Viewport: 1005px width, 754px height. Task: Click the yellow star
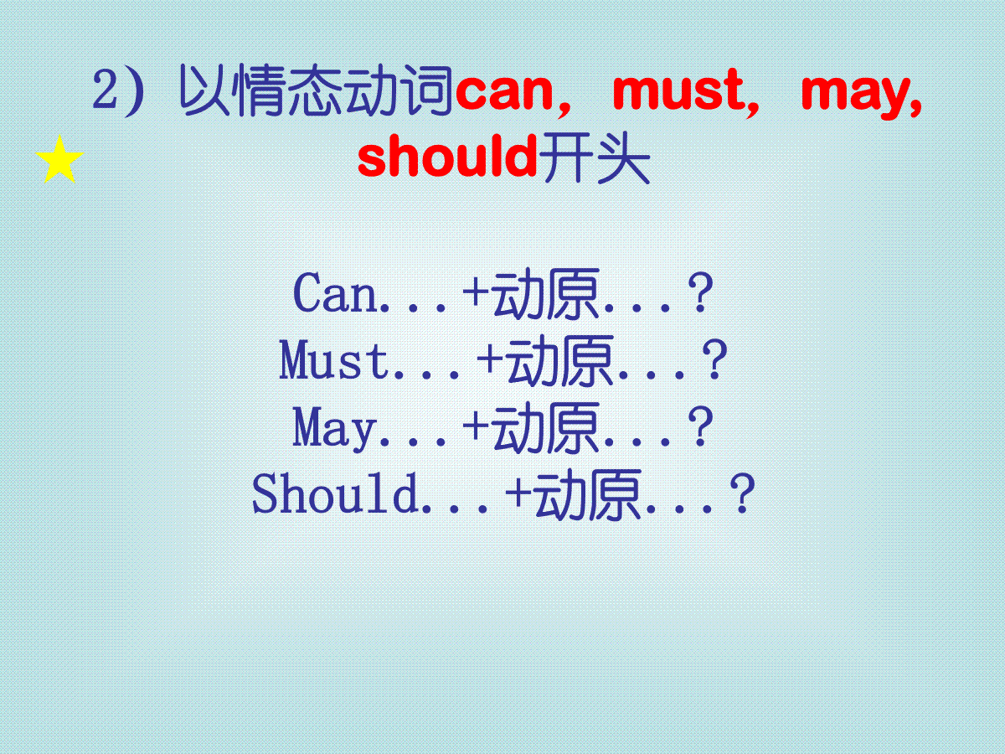pos(59,160)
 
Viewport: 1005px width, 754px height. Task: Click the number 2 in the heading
pos(106,90)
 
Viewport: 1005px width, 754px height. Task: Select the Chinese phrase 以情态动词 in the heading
pos(316,90)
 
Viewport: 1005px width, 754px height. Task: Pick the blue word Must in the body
pos(334,360)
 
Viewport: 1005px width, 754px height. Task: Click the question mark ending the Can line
pos(700,292)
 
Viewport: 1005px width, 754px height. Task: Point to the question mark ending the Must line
pos(714,360)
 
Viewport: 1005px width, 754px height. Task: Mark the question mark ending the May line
pos(700,426)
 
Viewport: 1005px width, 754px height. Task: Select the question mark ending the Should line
pos(742,493)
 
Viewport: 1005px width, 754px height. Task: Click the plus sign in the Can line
pos(477,292)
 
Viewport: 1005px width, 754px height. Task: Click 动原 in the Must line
pos(561,360)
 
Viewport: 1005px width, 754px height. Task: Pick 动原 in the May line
pos(546,427)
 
